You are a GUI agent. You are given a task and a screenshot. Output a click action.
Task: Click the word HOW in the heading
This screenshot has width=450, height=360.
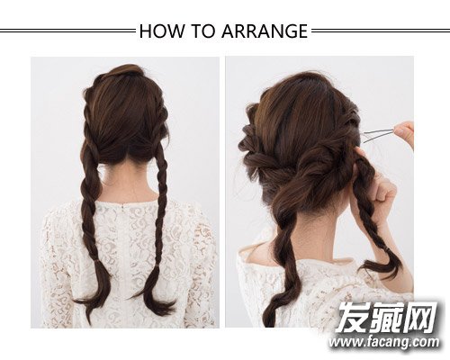(161, 31)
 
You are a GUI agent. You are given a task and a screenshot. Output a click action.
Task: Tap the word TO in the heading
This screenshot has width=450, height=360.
(202, 31)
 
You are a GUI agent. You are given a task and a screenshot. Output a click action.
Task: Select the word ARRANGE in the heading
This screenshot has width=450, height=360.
(265, 31)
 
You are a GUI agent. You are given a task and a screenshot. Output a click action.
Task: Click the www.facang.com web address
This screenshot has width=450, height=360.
(384, 342)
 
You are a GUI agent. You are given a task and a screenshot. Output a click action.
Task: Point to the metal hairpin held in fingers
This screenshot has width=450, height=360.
(378, 134)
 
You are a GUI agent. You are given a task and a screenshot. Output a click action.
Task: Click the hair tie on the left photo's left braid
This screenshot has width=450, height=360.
(97, 263)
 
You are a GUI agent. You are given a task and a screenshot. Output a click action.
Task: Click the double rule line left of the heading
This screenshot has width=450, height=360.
(67, 31)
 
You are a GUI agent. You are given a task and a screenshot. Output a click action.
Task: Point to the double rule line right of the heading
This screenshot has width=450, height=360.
(381, 31)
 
